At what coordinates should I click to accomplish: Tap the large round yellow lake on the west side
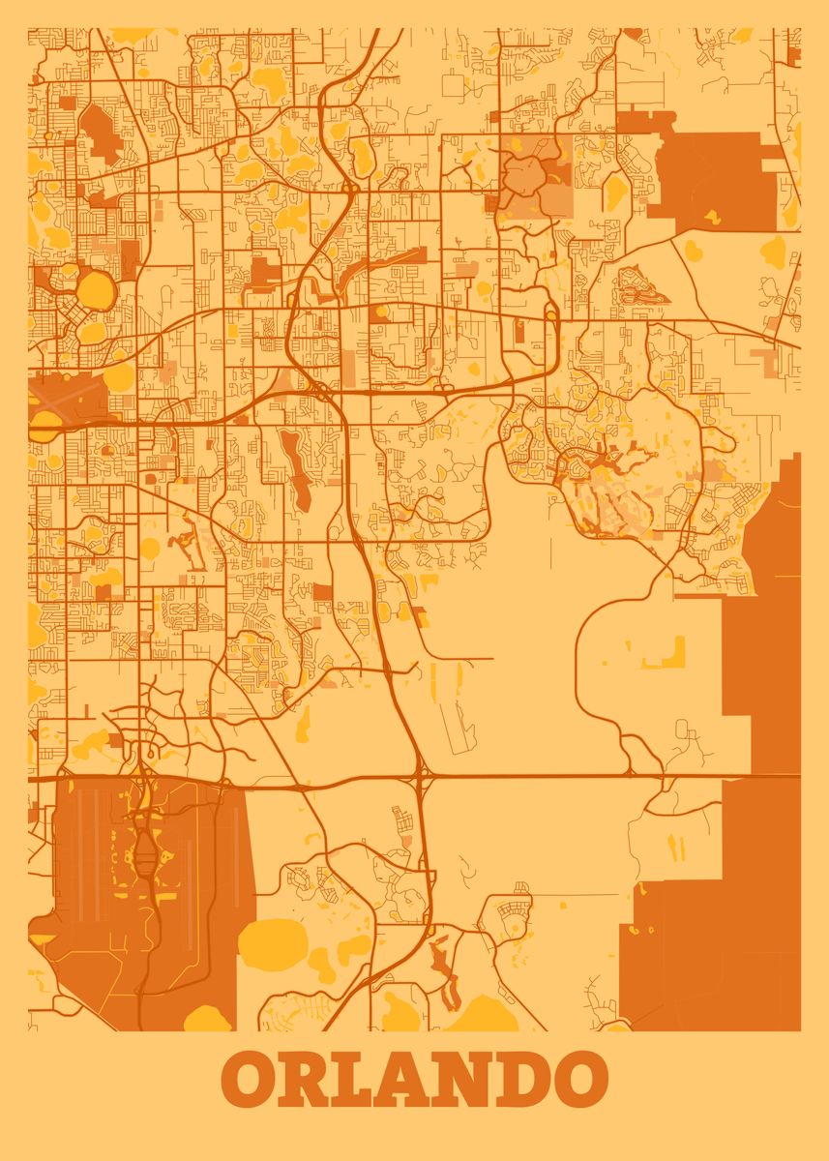tap(95, 288)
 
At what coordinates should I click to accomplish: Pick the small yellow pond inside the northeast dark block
tap(712, 217)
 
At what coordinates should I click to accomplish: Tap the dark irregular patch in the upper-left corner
tap(98, 133)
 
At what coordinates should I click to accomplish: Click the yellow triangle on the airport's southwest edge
tap(43, 939)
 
